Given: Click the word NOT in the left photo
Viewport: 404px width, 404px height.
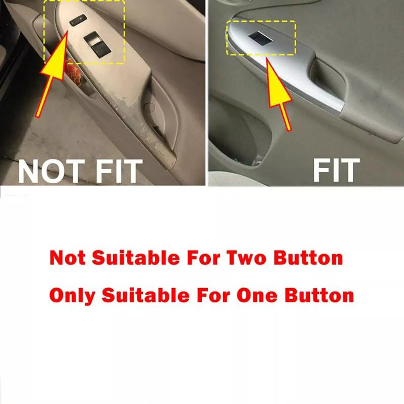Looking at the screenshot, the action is pos(52,171).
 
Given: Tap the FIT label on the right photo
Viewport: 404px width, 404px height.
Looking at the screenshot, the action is pos(336,170).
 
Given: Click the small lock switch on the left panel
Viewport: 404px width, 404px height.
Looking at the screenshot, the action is pos(78,20).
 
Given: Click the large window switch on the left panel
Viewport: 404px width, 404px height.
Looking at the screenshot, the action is pos(97,44).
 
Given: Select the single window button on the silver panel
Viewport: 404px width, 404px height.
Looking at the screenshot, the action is pos(260,38).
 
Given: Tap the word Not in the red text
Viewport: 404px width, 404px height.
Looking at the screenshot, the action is pos(68,258).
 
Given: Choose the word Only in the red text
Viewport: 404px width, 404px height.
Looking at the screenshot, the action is pos(72,297).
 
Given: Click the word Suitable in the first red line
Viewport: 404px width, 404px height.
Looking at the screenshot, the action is pos(136,258).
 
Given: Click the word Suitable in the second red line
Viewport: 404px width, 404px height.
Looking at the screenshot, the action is pos(145,296).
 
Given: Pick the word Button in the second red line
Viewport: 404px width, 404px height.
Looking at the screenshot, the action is pos(319,296).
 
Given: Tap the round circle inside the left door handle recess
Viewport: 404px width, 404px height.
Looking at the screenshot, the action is pos(149,107).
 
